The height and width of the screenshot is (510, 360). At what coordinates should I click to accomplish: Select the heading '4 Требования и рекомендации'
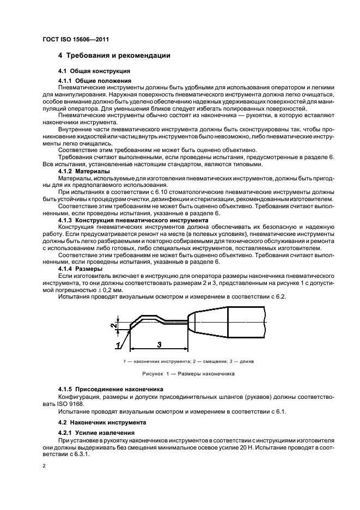(114, 56)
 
